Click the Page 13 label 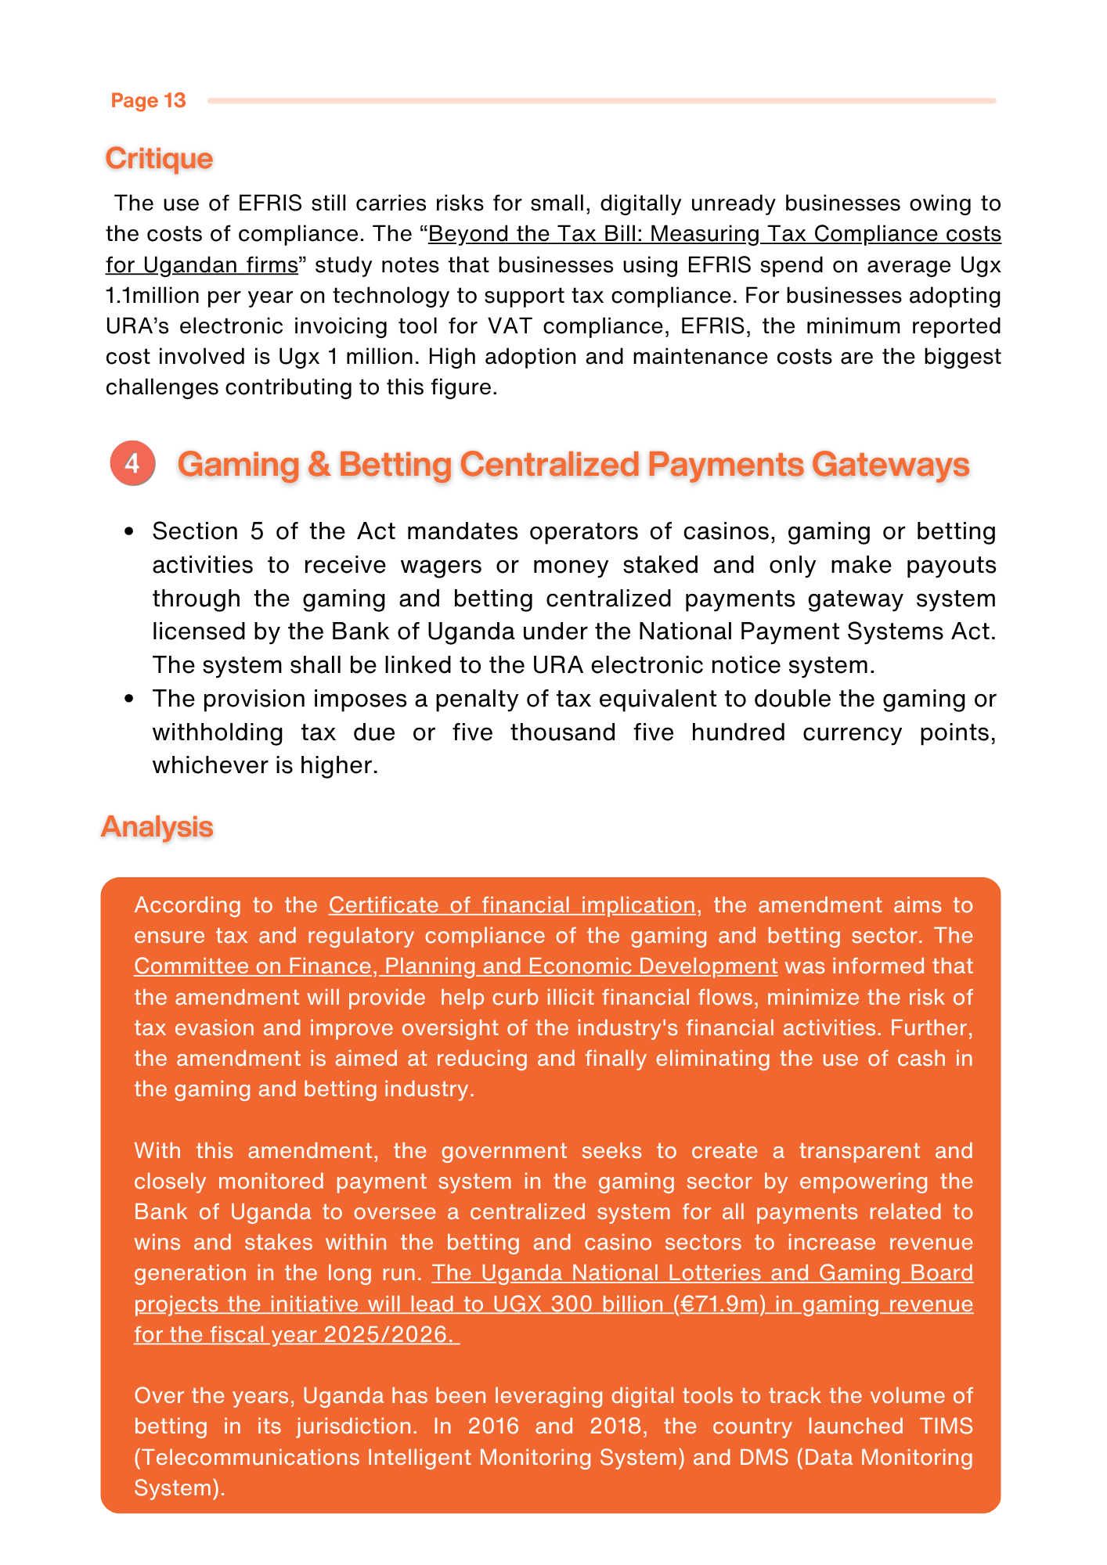pyautogui.click(x=148, y=100)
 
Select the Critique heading pyautogui.click(x=159, y=158)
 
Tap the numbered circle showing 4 pyautogui.click(x=132, y=463)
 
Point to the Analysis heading pyautogui.click(x=157, y=826)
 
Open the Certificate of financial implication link pyautogui.click(x=511, y=905)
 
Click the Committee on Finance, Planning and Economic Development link pyautogui.click(x=456, y=966)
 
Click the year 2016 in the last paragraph pyautogui.click(x=493, y=1426)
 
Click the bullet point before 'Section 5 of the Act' pyautogui.click(x=129, y=531)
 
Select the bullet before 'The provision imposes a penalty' pyautogui.click(x=129, y=698)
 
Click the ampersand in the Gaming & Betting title pyautogui.click(x=319, y=464)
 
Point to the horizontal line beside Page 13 pyautogui.click(x=601, y=101)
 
